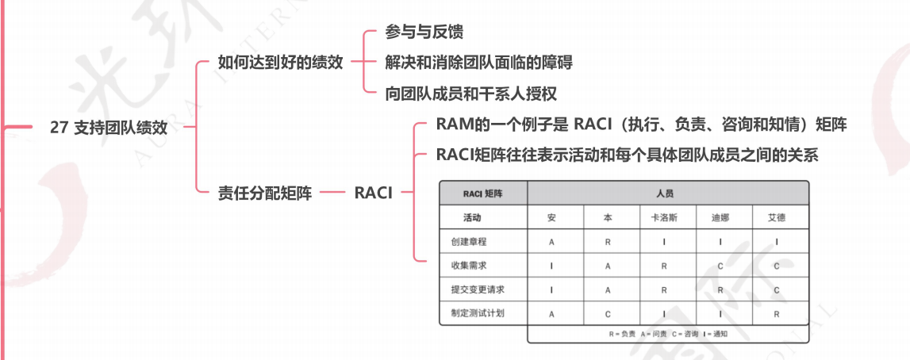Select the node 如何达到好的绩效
[x=280, y=62]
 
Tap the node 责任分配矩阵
[x=265, y=192]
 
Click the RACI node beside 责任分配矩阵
[x=373, y=192]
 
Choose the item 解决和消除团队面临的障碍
[x=478, y=62]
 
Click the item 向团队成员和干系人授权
[x=470, y=93]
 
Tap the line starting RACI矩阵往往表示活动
[x=627, y=155]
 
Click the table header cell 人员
[x=665, y=193]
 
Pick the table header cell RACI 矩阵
[x=483, y=193]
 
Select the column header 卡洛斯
[x=664, y=217]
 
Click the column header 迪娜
[x=720, y=217]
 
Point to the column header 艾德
[x=777, y=217]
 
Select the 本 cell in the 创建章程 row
[x=608, y=242]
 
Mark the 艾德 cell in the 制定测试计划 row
[x=777, y=313]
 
